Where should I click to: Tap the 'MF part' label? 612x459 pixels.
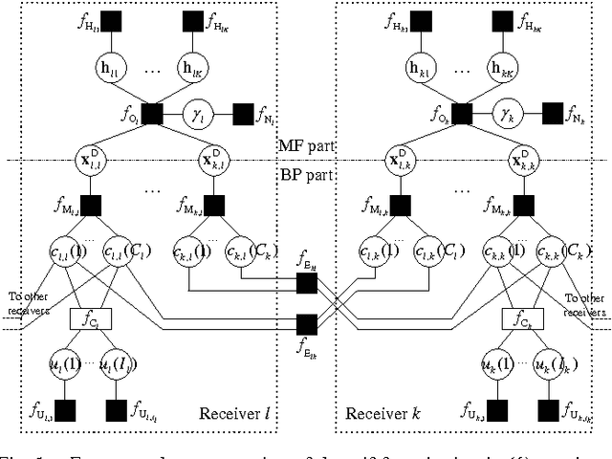[305, 145]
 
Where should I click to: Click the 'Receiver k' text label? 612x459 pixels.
[377, 413]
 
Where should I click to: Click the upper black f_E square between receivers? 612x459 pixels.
[306, 282]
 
